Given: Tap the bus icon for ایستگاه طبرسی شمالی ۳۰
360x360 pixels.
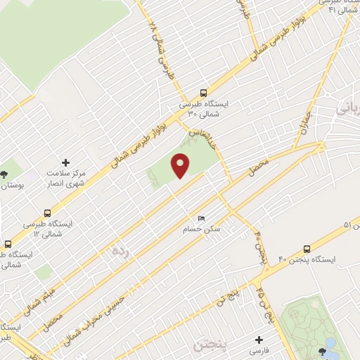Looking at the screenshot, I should tap(203, 92).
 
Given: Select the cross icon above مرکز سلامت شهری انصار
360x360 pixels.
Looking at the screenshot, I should tap(66, 162).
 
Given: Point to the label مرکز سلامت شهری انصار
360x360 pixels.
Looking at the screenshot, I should tap(66, 178).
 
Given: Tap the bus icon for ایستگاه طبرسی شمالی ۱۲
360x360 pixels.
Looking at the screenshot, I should tap(47, 212).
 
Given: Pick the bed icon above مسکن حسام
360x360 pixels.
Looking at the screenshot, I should tap(202, 219).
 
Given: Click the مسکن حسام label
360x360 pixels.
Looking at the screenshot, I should tap(202, 229).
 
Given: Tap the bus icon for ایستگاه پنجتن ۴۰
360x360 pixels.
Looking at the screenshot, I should tap(307, 249).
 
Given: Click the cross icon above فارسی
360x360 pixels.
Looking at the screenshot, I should tap(259, 340).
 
